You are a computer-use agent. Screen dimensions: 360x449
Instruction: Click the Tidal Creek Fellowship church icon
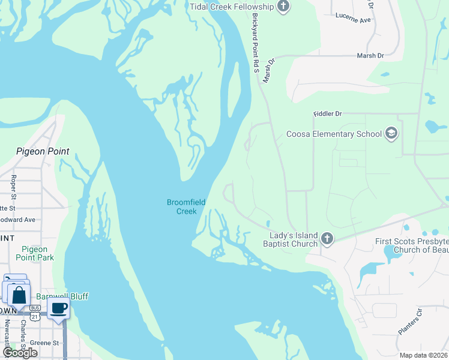[x=284, y=7]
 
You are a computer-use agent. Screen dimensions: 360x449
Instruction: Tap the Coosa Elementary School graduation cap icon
[x=391, y=133]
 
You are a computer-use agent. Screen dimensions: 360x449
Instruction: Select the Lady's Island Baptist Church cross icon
[x=327, y=239]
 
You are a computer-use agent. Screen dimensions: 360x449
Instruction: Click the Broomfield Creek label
[x=186, y=206]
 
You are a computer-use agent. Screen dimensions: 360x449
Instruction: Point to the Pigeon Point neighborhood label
[x=43, y=151]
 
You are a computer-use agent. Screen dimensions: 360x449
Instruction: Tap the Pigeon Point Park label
[x=37, y=253]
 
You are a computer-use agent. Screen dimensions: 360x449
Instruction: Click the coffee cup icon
[x=58, y=308]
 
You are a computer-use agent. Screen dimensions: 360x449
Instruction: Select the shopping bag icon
[x=19, y=295]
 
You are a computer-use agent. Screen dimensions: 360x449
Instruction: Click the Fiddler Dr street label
[x=327, y=113]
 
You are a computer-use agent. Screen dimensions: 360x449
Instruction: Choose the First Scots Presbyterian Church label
[x=411, y=245]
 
